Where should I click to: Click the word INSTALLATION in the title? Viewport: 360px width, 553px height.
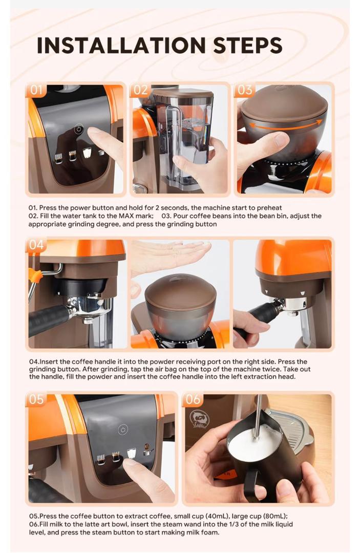tap(121, 45)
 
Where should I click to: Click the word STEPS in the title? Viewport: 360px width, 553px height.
tap(247, 45)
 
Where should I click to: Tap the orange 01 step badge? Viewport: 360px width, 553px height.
tap(36, 90)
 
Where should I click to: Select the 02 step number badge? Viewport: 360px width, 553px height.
tap(140, 90)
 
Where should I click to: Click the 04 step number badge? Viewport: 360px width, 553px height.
tap(36, 245)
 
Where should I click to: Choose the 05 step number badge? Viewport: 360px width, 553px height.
tap(36, 399)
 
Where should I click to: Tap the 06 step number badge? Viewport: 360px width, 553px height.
tap(193, 399)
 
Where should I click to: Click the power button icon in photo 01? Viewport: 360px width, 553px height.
tap(79, 129)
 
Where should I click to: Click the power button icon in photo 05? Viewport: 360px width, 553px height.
tap(123, 430)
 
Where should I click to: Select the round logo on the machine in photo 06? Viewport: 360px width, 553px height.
tap(200, 419)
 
